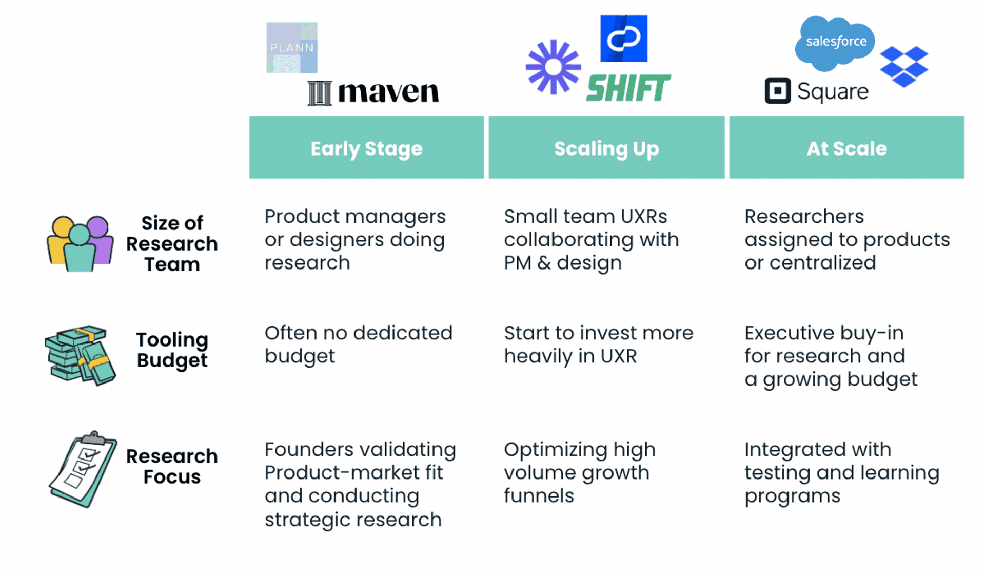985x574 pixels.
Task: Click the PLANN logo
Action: pos(292,48)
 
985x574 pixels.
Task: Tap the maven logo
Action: pos(373,92)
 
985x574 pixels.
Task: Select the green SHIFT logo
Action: pos(628,88)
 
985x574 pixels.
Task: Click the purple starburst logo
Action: pos(554,67)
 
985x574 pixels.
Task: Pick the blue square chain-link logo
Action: pos(624,39)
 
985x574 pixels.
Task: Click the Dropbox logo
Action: pos(904,66)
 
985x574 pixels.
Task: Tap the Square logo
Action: pos(817,91)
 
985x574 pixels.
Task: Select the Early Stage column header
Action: pos(367,147)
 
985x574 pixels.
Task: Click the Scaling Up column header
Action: pos(606,147)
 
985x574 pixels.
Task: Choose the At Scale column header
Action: pos(847,147)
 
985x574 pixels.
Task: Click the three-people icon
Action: pos(80,243)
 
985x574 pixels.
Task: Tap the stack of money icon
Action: pos(80,355)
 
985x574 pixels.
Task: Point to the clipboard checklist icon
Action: pos(83,469)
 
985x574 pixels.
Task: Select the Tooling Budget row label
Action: pos(172,350)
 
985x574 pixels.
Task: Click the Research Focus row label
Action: pos(172,466)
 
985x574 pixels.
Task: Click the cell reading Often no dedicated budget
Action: pos(359,345)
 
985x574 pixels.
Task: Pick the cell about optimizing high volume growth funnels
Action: pos(580,472)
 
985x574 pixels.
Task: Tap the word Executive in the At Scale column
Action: pos(790,333)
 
